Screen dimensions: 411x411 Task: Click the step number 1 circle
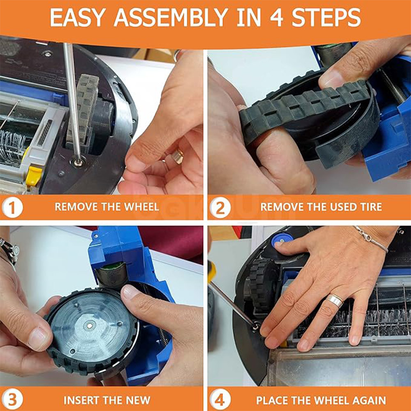12,207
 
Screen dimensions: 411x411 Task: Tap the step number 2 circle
220,207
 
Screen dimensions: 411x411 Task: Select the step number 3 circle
12,400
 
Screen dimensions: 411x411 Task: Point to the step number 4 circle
220,400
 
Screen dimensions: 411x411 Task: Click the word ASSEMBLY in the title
170,17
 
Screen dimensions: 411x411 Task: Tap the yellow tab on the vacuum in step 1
34,175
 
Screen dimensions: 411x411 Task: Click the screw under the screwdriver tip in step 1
78,161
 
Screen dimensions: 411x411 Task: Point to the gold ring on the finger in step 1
178,156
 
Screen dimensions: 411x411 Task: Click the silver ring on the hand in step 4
335,301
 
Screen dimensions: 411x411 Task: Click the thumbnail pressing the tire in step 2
330,79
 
